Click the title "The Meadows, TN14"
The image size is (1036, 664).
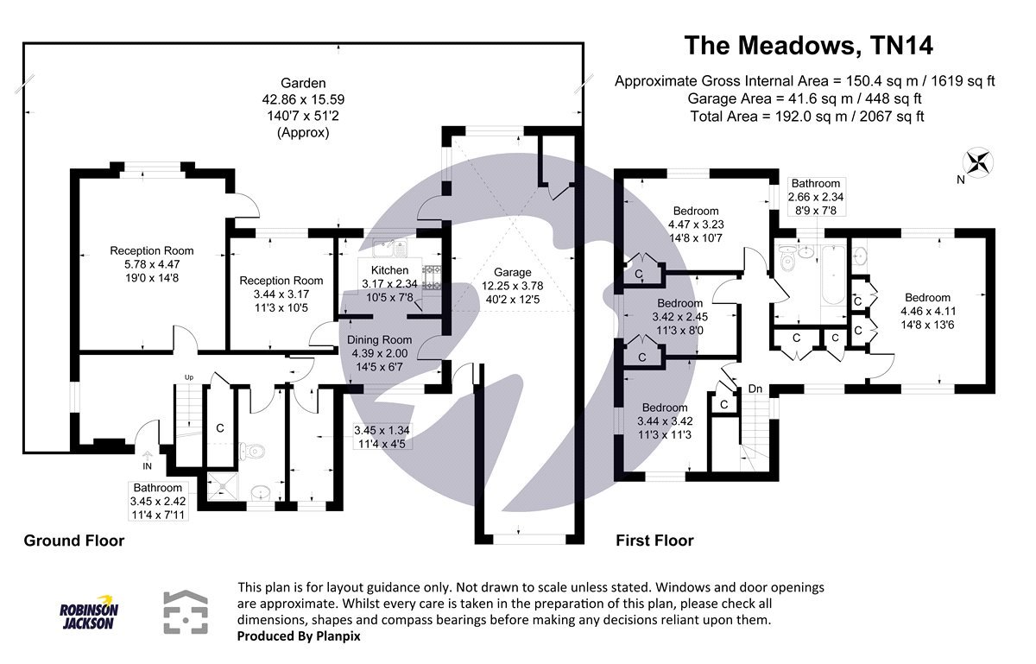tap(809, 44)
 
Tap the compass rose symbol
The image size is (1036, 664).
tap(979, 161)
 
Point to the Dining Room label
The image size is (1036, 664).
tap(379, 339)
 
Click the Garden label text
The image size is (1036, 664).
tap(303, 84)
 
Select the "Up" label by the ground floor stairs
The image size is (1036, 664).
tap(187, 377)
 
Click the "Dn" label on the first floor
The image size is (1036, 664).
tap(755, 388)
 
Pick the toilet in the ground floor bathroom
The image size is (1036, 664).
tap(251, 451)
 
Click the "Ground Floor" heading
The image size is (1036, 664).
tap(73, 541)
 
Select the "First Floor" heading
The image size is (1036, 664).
tap(654, 541)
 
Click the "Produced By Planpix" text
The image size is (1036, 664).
tap(298, 636)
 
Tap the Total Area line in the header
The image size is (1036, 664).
tap(807, 117)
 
